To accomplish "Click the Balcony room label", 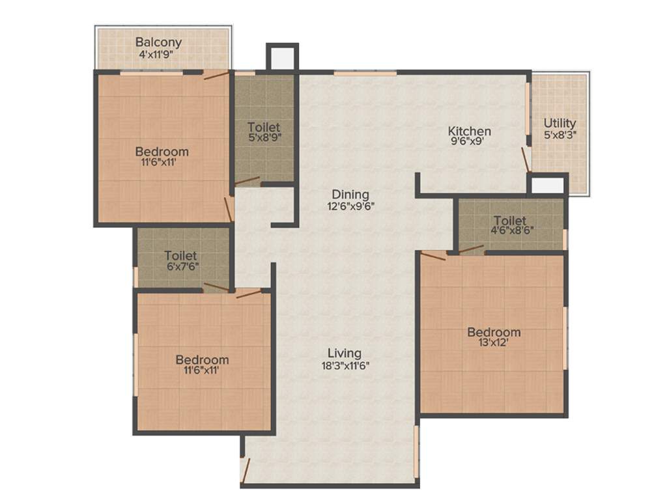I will [x=158, y=43].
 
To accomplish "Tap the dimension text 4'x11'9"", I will [x=158, y=55].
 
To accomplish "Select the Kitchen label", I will [x=469, y=131].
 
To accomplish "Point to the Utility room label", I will [x=560, y=123].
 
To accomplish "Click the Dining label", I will [x=350, y=194].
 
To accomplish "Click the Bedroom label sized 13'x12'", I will [x=494, y=333].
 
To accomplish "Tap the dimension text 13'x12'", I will [x=494, y=344].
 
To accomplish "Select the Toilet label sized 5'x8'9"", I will [x=264, y=127].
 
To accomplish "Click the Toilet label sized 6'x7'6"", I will [x=181, y=256].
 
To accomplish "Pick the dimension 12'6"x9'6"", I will [x=350, y=206].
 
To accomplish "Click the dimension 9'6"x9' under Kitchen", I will [x=469, y=143].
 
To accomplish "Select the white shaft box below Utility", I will [x=547, y=185].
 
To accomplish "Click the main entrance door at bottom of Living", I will [x=246, y=467].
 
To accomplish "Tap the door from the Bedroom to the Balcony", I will [x=216, y=75].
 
